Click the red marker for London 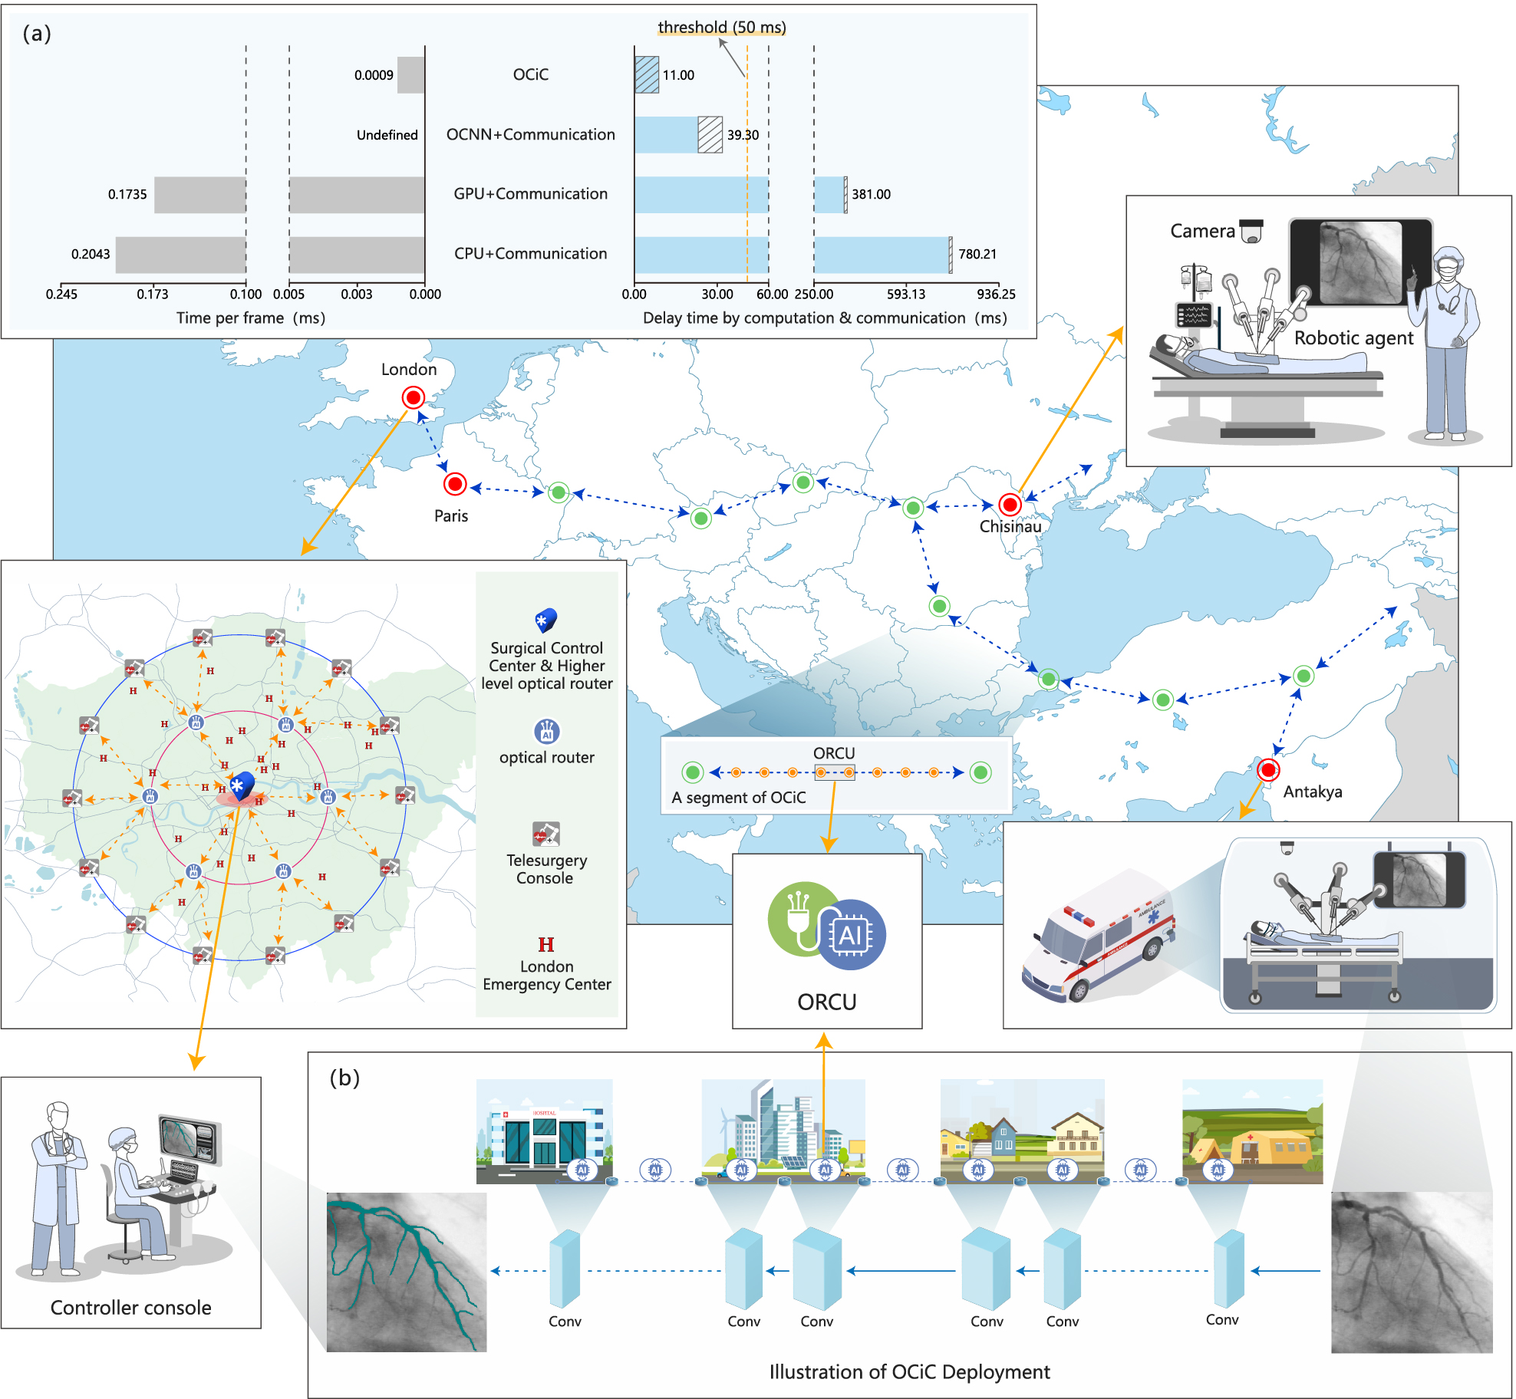pos(413,397)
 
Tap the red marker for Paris pos(455,484)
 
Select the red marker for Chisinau pos(1010,505)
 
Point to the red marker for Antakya pos(1268,769)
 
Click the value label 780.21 pos(977,254)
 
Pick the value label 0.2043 pos(91,254)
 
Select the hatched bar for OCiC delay pos(647,75)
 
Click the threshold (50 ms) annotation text pos(722,28)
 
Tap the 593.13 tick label pos(906,294)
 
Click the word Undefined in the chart pos(387,135)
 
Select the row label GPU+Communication pos(530,194)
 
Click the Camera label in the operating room pos(1202,231)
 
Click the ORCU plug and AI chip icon pos(826,926)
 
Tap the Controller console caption pos(130,1308)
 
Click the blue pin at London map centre pos(242,786)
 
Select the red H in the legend pos(545,944)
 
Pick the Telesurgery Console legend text pos(546,869)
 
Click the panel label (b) pos(344,1078)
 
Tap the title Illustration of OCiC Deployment pos(909,1371)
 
